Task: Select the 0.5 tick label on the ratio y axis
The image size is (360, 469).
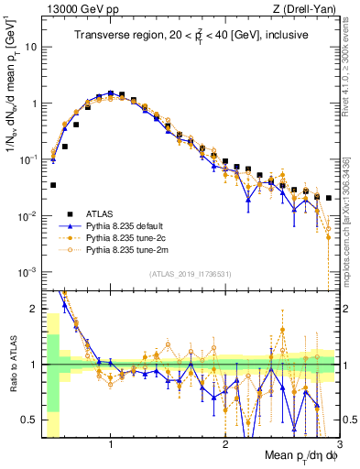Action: pyautogui.click(x=33, y=420)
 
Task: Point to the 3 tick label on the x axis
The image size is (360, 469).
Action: pyautogui.click(x=338, y=445)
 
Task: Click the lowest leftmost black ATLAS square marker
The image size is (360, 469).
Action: pyautogui.click(x=53, y=185)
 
